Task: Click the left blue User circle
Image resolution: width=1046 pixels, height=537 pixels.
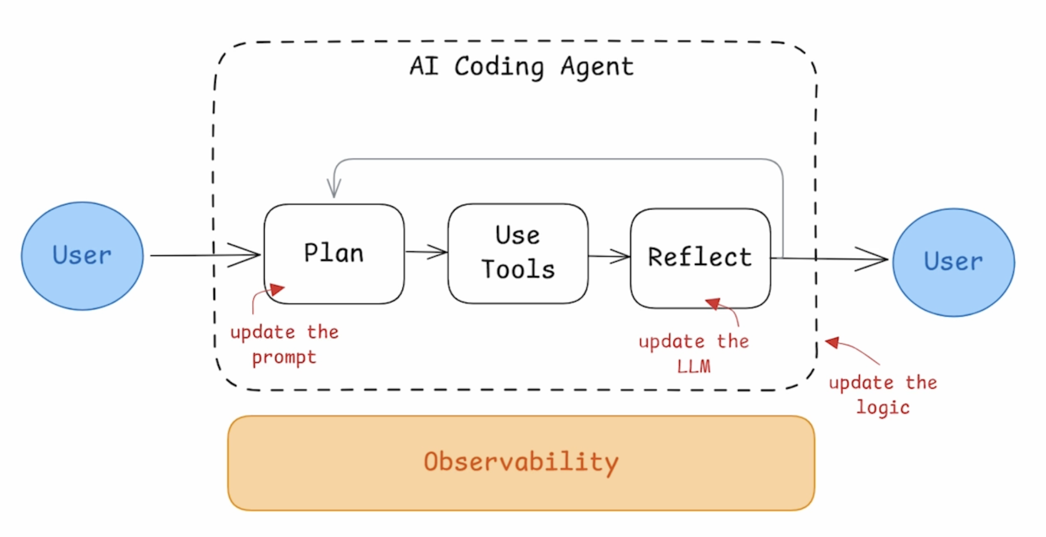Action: pos(82,256)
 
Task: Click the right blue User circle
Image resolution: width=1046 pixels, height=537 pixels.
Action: pos(953,262)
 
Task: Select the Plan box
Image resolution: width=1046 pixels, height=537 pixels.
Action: pos(334,254)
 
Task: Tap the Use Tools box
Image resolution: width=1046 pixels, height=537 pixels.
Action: pos(518,253)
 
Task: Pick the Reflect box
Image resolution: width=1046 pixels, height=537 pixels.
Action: pos(700,258)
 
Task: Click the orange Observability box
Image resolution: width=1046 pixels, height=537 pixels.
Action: pos(521,463)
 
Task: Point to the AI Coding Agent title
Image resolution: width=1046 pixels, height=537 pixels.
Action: pos(521,67)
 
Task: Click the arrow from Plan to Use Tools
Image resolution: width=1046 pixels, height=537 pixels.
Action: pos(426,252)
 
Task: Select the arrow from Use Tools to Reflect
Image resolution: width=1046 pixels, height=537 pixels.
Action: pos(609,256)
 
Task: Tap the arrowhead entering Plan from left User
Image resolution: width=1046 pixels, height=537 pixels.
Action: pos(245,255)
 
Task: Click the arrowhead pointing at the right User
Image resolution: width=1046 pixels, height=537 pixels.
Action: pos(871,259)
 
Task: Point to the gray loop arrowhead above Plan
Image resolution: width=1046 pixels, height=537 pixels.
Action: pos(334,188)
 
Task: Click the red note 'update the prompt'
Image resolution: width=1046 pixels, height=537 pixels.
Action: pos(284,344)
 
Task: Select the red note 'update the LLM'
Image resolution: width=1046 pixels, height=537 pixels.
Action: pos(693,354)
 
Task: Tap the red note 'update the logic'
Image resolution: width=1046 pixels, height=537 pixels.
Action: pos(883,394)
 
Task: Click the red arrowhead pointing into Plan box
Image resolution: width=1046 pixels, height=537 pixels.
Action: pos(277,290)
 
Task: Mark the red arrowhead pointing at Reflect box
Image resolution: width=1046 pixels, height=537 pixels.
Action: pos(713,304)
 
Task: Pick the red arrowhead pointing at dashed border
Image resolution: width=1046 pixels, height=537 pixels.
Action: pos(833,343)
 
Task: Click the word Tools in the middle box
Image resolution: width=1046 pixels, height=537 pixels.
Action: pos(518,269)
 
